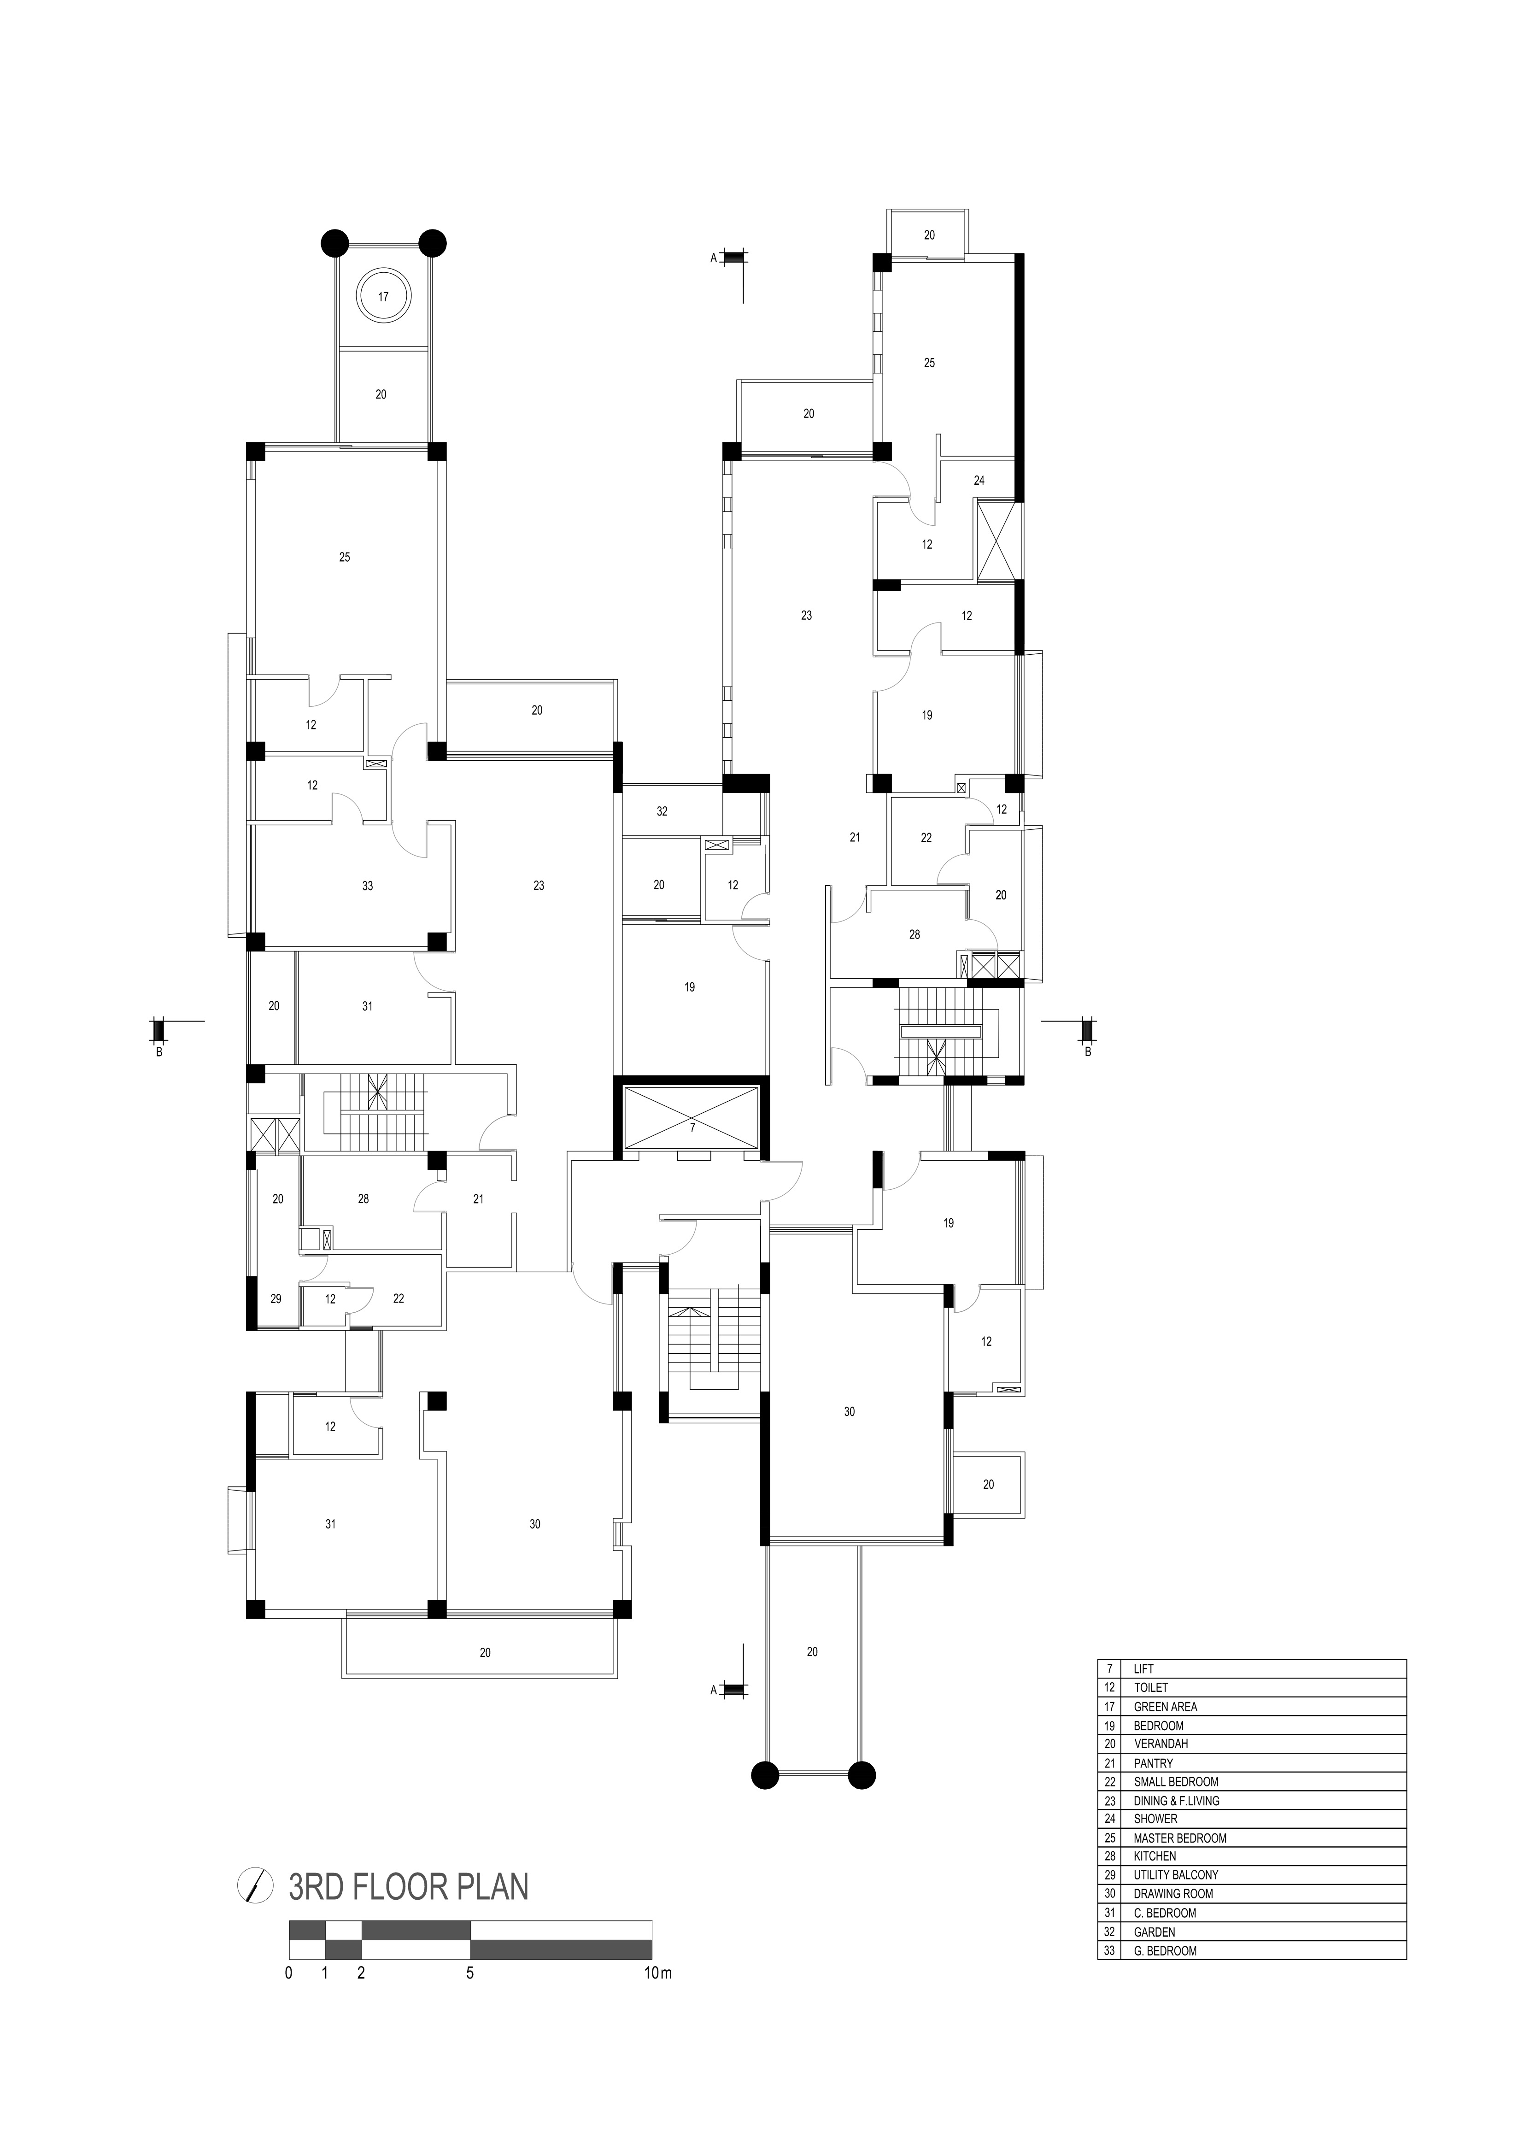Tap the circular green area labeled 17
(383, 297)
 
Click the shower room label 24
(979, 481)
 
